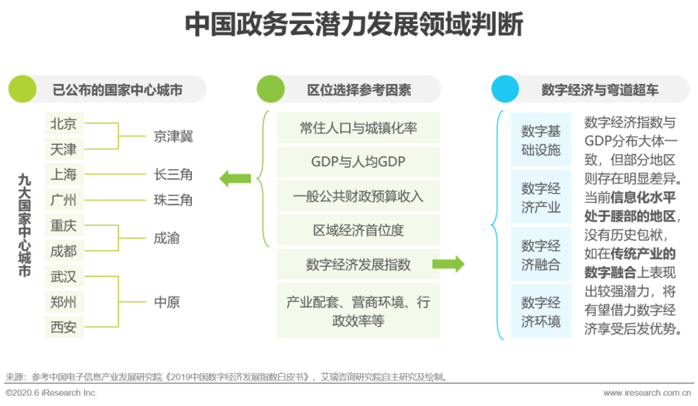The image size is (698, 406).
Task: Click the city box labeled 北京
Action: tap(64, 123)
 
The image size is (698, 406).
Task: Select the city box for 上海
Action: tap(64, 174)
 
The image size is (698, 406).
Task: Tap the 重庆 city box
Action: tap(64, 225)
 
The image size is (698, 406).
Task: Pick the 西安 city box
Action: tap(64, 327)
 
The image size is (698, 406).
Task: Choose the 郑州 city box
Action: tap(64, 301)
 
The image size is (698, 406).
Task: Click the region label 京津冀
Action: tap(173, 136)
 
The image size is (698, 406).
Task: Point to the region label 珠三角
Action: tap(173, 200)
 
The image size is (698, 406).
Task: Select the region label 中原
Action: tap(167, 301)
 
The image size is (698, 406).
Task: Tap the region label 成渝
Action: tap(167, 238)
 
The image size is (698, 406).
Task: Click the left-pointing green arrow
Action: tap(235, 178)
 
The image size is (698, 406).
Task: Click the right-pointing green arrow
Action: tap(448, 263)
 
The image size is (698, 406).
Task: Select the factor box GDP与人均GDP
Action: tap(358, 162)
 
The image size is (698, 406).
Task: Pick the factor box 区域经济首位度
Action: tap(358, 230)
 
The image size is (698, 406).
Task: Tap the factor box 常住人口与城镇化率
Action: tap(358, 128)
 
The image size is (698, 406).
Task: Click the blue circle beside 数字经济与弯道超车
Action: tap(505, 89)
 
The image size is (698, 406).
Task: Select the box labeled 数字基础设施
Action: tap(541, 141)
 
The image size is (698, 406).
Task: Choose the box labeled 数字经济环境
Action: tap(541, 311)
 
